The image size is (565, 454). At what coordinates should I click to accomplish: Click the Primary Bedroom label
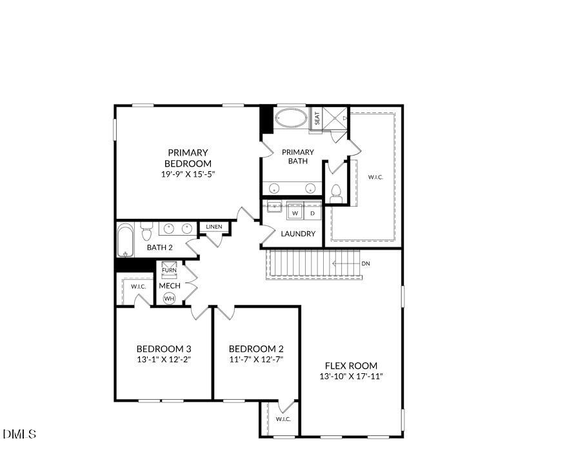click(x=188, y=158)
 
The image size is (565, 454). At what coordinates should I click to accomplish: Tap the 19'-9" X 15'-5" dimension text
click(x=188, y=174)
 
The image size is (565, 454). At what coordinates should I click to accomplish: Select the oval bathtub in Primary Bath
click(x=292, y=118)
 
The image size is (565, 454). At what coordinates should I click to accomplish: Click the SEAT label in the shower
click(x=317, y=119)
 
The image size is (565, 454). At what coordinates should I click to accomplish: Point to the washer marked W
click(x=295, y=212)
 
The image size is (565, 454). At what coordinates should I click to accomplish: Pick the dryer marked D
click(x=312, y=212)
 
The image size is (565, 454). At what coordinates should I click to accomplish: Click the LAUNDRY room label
click(x=298, y=234)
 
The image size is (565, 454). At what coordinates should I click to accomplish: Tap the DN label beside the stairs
click(x=366, y=263)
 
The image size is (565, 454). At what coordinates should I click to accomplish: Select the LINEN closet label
click(x=214, y=227)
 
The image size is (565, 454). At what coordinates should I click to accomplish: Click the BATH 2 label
click(x=160, y=247)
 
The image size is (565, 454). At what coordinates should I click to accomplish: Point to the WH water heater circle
click(x=169, y=298)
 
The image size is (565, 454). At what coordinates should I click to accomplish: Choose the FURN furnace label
click(x=169, y=270)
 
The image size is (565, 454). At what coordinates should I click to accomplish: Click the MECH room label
click(x=170, y=285)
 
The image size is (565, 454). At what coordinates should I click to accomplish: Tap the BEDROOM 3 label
click(x=164, y=348)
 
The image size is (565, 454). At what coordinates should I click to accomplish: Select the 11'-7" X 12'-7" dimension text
click(x=256, y=359)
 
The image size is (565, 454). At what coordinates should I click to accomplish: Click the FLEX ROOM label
click(x=351, y=366)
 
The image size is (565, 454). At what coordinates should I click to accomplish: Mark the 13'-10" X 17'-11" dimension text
click(x=351, y=377)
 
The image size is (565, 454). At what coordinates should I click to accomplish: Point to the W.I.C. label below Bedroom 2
click(x=284, y=419)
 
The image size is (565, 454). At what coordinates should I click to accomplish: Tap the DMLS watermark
click(x=19, y=434)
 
